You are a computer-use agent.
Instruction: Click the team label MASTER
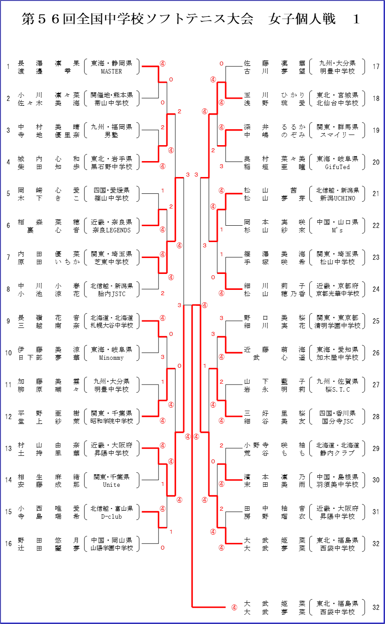tap(112, 71)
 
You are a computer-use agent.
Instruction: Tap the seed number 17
tap(376, 67)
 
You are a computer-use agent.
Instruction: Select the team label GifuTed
tap(337, 167)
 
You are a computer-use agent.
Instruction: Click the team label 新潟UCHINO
tap(337, 198)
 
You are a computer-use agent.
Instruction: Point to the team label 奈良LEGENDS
tap(112, 230)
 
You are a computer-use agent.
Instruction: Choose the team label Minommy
tap(112, 358)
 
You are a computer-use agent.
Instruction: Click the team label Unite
tap(112, 485)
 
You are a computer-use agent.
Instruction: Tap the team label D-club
tap(112, 516)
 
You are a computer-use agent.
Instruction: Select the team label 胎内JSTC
tap(112, 294)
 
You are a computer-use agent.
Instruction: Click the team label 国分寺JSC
tap(337, 421)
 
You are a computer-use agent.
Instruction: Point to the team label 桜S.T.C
tap(337, 389)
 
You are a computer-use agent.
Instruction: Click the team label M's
tap(337, 230)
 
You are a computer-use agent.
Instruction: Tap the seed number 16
tap(8, 543)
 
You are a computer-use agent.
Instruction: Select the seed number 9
tap(8, 321)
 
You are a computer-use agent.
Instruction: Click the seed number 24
tap(376, 289)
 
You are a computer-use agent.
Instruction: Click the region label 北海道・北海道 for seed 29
tap(337, 445)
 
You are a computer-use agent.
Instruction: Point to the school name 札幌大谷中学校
tap(112, 326)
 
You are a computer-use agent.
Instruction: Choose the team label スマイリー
tap(337, 135)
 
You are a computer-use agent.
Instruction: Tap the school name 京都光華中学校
tap(337, 294)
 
